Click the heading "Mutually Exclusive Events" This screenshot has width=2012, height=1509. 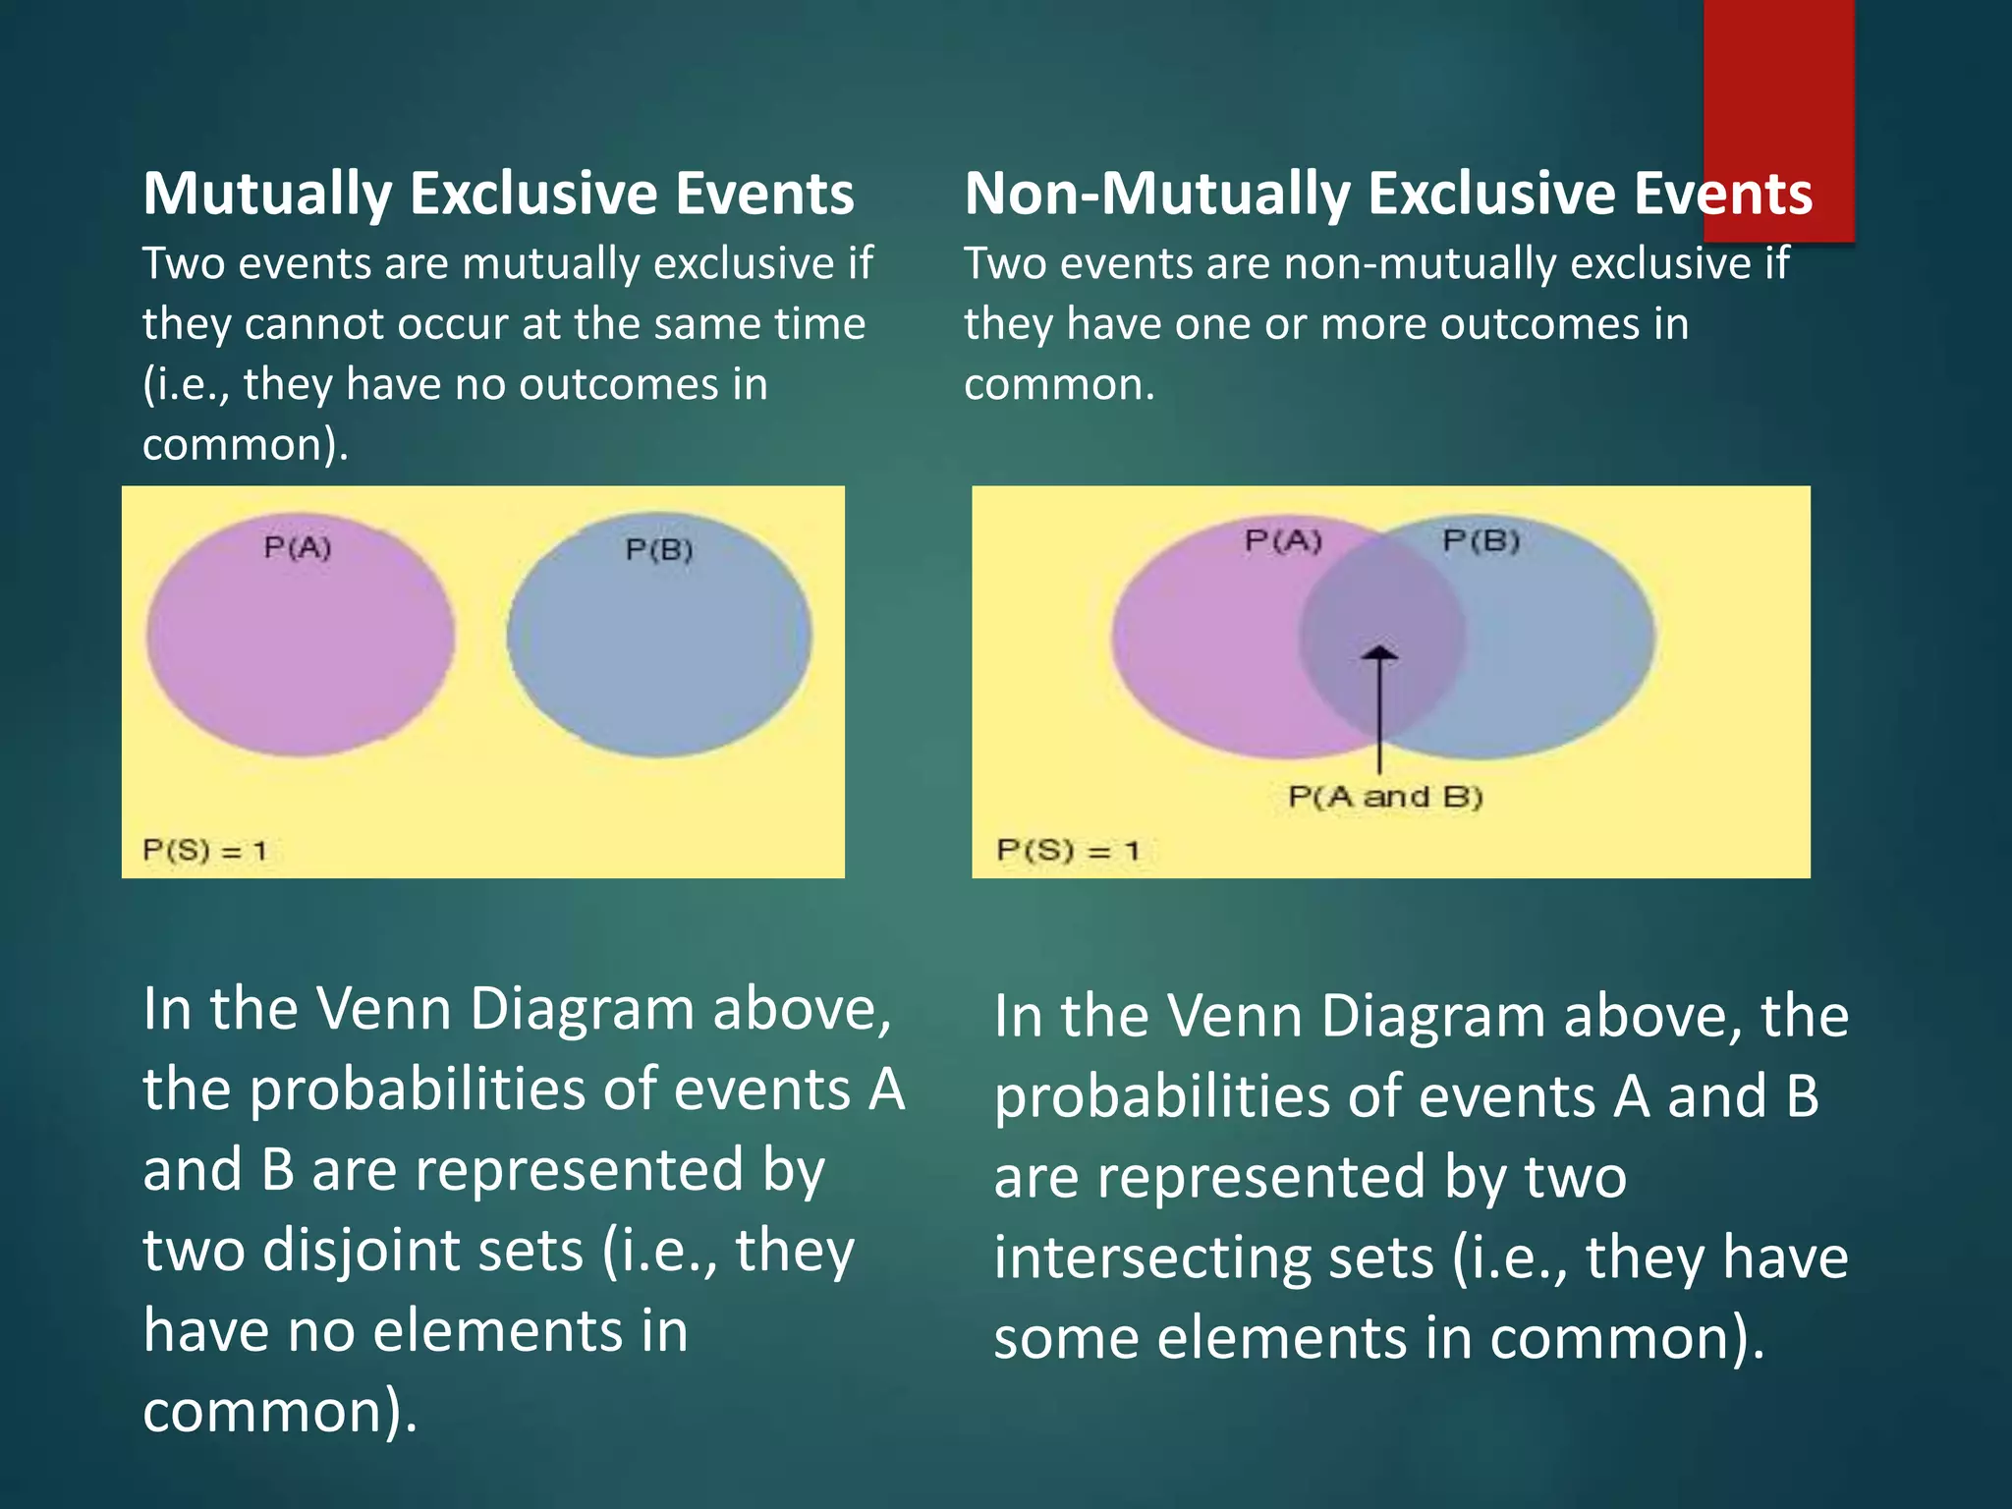tap(498, 194)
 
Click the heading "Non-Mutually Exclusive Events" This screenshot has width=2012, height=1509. tap(1387, 194)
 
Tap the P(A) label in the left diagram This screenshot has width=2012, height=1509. tap(298, 548)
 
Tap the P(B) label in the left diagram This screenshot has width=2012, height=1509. tap(659, 550)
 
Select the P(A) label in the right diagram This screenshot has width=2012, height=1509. tap(1283, 541)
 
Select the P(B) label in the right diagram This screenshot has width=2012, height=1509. tap(1481, 541)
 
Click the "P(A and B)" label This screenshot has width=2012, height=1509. tap(1385, 797)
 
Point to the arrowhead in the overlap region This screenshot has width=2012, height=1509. tap(1380, 652)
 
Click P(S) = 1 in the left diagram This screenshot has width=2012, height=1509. tap(204, 850)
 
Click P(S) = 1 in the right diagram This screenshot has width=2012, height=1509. tap(1068, 850)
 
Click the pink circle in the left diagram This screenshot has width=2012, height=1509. tap(300, 648)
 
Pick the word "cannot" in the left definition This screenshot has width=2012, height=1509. tap(313, 324)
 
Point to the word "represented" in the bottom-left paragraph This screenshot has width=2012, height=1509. tap(576, 1170)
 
